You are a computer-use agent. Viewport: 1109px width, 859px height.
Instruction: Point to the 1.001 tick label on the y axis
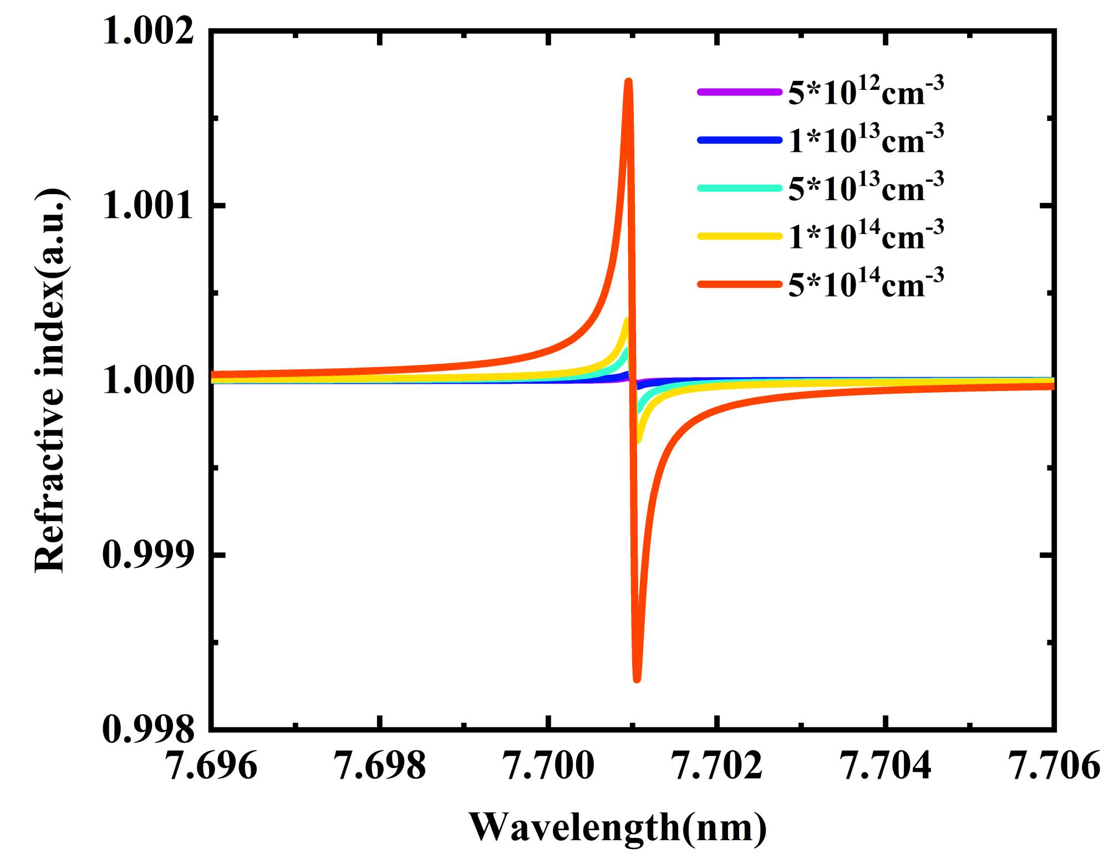[x=149, y=206]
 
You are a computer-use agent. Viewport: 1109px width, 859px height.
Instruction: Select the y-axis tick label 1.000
[x=149, y=382]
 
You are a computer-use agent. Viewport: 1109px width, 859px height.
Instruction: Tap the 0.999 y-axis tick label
[x=149, y=556]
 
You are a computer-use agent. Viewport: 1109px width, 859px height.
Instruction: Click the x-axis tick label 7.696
[x=212, y=766]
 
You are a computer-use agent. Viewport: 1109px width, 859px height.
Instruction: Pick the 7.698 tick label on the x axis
[x=380, y=766]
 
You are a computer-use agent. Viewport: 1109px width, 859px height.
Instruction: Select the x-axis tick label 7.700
[x=549, y=766]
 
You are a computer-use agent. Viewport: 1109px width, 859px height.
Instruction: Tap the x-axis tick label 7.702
[x=718, y=766]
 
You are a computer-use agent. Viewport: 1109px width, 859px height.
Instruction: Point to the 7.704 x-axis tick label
[x=886, y=766]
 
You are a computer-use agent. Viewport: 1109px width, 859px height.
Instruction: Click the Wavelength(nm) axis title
[x=618, y=827]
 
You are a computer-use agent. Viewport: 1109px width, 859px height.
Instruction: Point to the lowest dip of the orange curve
[x=637, y=679]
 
